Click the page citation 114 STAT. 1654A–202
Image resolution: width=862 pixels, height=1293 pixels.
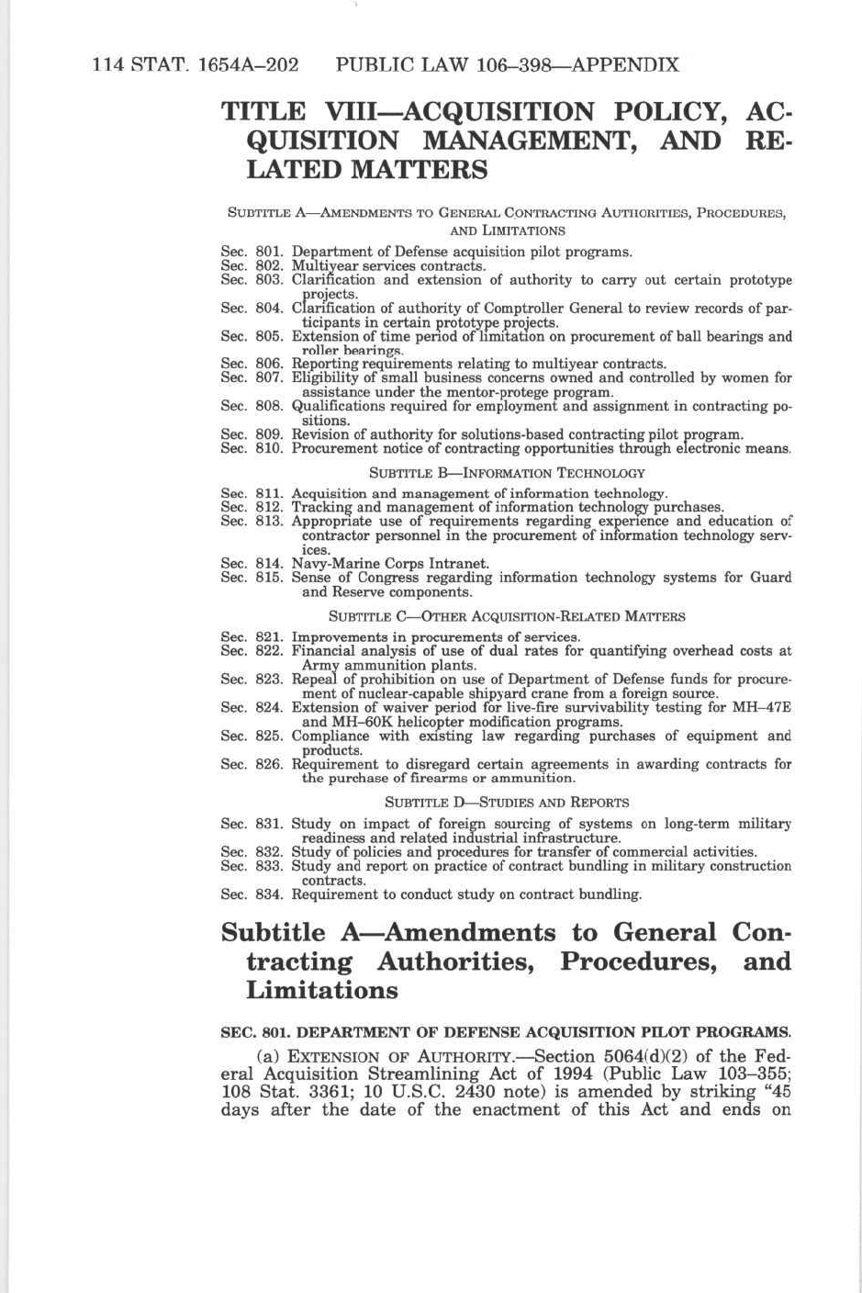point(196,65)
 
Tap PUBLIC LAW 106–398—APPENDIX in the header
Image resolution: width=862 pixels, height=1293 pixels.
point(507,65)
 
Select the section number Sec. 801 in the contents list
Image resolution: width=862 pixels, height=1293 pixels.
point(252,252)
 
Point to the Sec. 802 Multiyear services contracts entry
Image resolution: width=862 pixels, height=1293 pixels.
point(388,266)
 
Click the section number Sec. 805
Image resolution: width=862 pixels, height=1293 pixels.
point(252,336)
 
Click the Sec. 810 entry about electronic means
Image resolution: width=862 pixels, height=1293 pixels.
point(541,448)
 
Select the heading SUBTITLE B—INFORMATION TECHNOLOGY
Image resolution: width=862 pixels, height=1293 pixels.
point(507,473)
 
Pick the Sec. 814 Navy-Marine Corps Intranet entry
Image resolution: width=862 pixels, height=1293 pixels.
point(390,564)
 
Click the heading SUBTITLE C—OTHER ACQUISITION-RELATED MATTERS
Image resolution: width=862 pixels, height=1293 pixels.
point(507,616)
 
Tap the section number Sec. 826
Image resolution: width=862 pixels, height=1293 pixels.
point(252,764)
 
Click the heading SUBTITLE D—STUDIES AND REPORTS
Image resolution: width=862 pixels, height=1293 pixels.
point(507,802)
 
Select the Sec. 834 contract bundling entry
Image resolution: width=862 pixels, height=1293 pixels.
point(466,894)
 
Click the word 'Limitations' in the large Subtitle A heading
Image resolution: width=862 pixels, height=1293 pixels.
point(322,991)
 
